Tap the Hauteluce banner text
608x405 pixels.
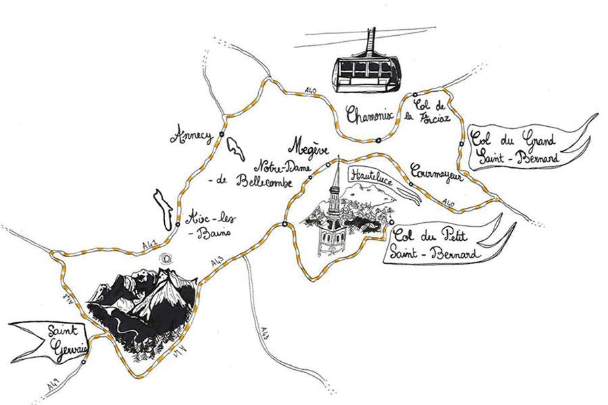(x=371, y=174)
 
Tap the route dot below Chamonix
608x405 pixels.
(x=378, y=140)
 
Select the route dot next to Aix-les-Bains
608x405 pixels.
(x=178, y=224)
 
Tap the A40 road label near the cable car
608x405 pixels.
(x=310, y=90)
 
